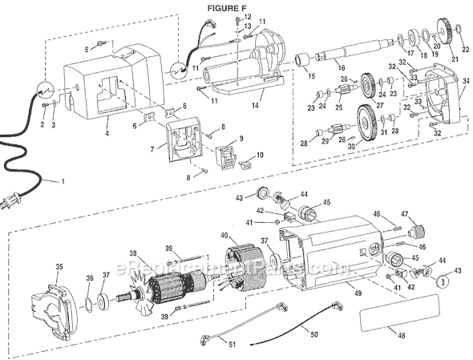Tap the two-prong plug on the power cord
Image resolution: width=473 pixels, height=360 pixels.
pyautogui.click(x=14, y=205)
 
